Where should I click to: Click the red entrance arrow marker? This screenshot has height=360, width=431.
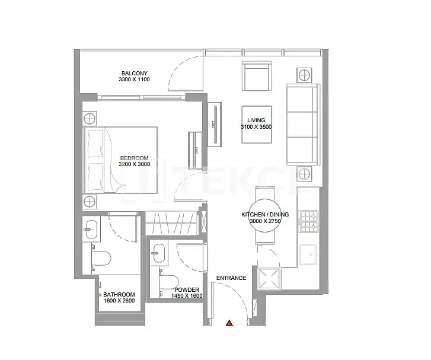[x=229, y=323]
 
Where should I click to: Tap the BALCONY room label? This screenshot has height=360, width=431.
[x=135, y=74]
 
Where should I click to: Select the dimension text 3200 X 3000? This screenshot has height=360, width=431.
[x=135, y=164]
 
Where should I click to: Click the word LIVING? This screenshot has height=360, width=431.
[x=256, y=120]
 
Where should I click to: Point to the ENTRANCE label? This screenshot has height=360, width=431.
[x=231, y=278]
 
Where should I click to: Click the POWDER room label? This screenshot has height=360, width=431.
[x=187, y=290]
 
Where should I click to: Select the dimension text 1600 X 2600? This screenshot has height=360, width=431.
[x=119, y=301]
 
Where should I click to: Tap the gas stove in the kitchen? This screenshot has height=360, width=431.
[x=309, y=221]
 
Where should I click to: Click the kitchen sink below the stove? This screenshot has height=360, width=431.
[x=309, y=254]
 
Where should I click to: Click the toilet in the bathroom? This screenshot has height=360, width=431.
[x=101, y=259]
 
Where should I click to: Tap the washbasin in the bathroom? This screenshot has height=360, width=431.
[x=91, y=229]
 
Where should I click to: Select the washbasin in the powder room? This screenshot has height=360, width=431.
[x=159, y=253]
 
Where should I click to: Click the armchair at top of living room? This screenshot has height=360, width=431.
[x=257, y=76]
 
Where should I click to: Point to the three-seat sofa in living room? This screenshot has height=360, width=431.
[x=303, y=125]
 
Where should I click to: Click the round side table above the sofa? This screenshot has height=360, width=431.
[x=304, y=75]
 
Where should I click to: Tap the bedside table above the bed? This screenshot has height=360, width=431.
[x=90, y=119]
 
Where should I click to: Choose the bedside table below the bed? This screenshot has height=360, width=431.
[x=90, y=202]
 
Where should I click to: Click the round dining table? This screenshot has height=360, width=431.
[x=265, y=216]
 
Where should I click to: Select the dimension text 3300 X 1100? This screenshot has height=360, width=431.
[x=135, y=79]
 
